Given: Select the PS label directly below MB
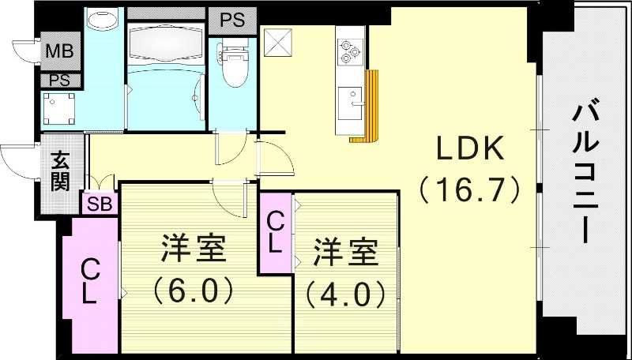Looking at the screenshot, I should tap(59, 80).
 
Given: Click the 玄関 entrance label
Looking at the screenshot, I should tap(60, 170).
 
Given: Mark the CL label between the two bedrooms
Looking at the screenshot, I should tap(275, 232).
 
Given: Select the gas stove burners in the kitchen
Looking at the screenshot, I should tap(349, 52).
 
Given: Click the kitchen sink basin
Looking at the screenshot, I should tap(348, 101).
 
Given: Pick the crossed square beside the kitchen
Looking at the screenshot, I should tap(279, 43).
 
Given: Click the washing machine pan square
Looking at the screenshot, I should tap(60, 108).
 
